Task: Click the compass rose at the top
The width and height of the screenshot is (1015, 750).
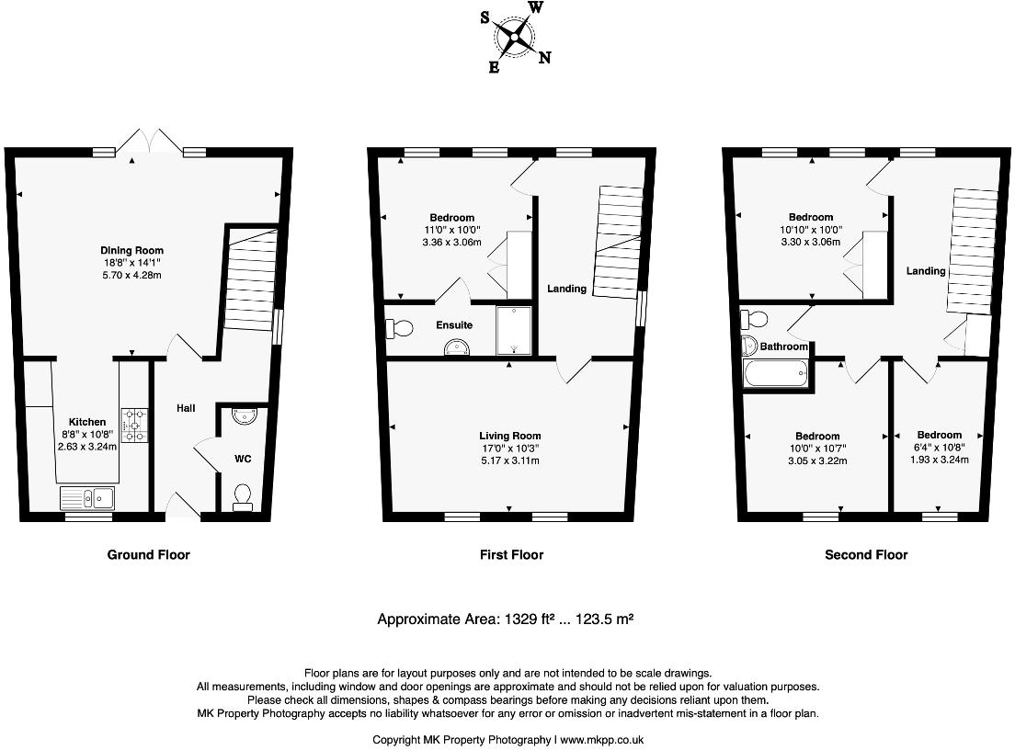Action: [515, 38]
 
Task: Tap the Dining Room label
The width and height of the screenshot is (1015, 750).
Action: [132, 250]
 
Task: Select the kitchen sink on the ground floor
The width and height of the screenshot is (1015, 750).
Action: [87, 498]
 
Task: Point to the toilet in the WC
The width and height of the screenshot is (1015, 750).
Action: [243, 496]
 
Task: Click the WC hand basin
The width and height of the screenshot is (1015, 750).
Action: [243, 416]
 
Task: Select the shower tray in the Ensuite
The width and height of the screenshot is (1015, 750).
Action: [513, 330]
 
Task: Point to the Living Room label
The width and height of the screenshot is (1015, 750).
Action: [509, 436]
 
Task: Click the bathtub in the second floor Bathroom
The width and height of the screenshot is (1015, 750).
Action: [774, 374]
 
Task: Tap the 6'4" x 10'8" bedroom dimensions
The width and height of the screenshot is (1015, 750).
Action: [940, 448]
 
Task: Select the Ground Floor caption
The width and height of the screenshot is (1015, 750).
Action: [149, 554]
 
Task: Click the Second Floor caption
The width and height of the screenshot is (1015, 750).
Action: [866, 554]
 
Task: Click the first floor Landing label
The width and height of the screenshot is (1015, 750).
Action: [566, 289]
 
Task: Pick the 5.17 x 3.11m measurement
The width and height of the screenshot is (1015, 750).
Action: [509, 460]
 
